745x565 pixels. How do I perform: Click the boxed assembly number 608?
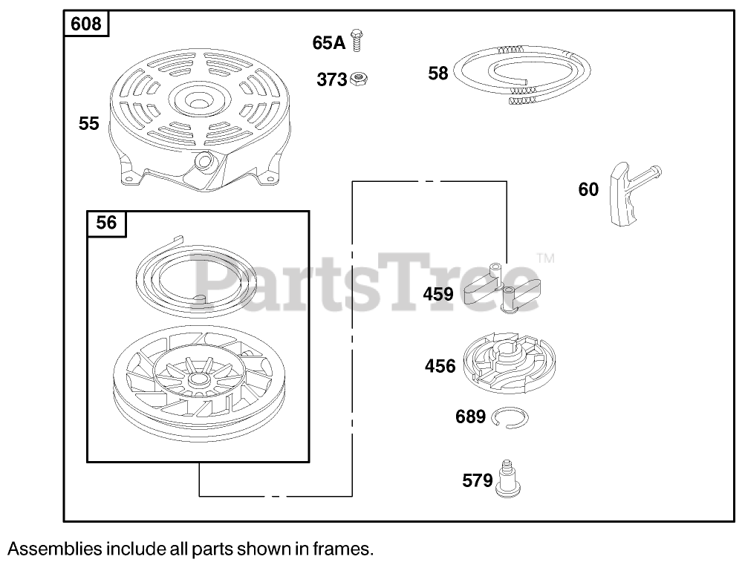86,25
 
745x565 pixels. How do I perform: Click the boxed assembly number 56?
107,223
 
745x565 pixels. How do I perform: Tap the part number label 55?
89,123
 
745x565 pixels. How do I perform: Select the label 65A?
329,42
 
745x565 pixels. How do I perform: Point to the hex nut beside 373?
359,78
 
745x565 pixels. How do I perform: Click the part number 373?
331,79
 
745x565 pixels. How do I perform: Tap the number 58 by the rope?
438,73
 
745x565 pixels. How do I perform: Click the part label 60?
588,190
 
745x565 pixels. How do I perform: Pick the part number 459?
438,294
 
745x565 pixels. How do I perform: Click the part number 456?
440,365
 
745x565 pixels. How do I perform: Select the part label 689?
470,417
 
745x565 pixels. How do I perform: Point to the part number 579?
477,481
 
